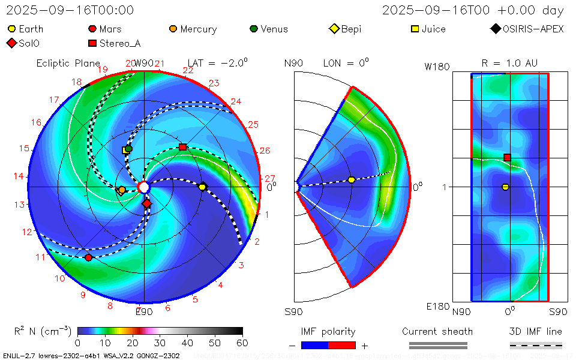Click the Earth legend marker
click(11, 29)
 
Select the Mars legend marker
click(92, 29)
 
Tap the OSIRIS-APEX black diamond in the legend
click(495, 29)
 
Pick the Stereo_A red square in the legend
click(92, 43)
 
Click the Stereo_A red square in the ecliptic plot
click(183, 147)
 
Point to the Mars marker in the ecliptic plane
click(89, 257)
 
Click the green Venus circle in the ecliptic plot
click(128, 148)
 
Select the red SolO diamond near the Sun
click(147, 204)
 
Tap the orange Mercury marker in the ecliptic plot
click(122, 190)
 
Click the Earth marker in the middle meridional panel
click(352, 180)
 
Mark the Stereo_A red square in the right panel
click(507, 157)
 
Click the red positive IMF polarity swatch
click(342, 345)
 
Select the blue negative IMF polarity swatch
click(315, 345)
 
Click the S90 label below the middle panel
click(293, 312)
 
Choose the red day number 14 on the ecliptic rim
click(19, 176)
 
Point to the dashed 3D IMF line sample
click(536, 345)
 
